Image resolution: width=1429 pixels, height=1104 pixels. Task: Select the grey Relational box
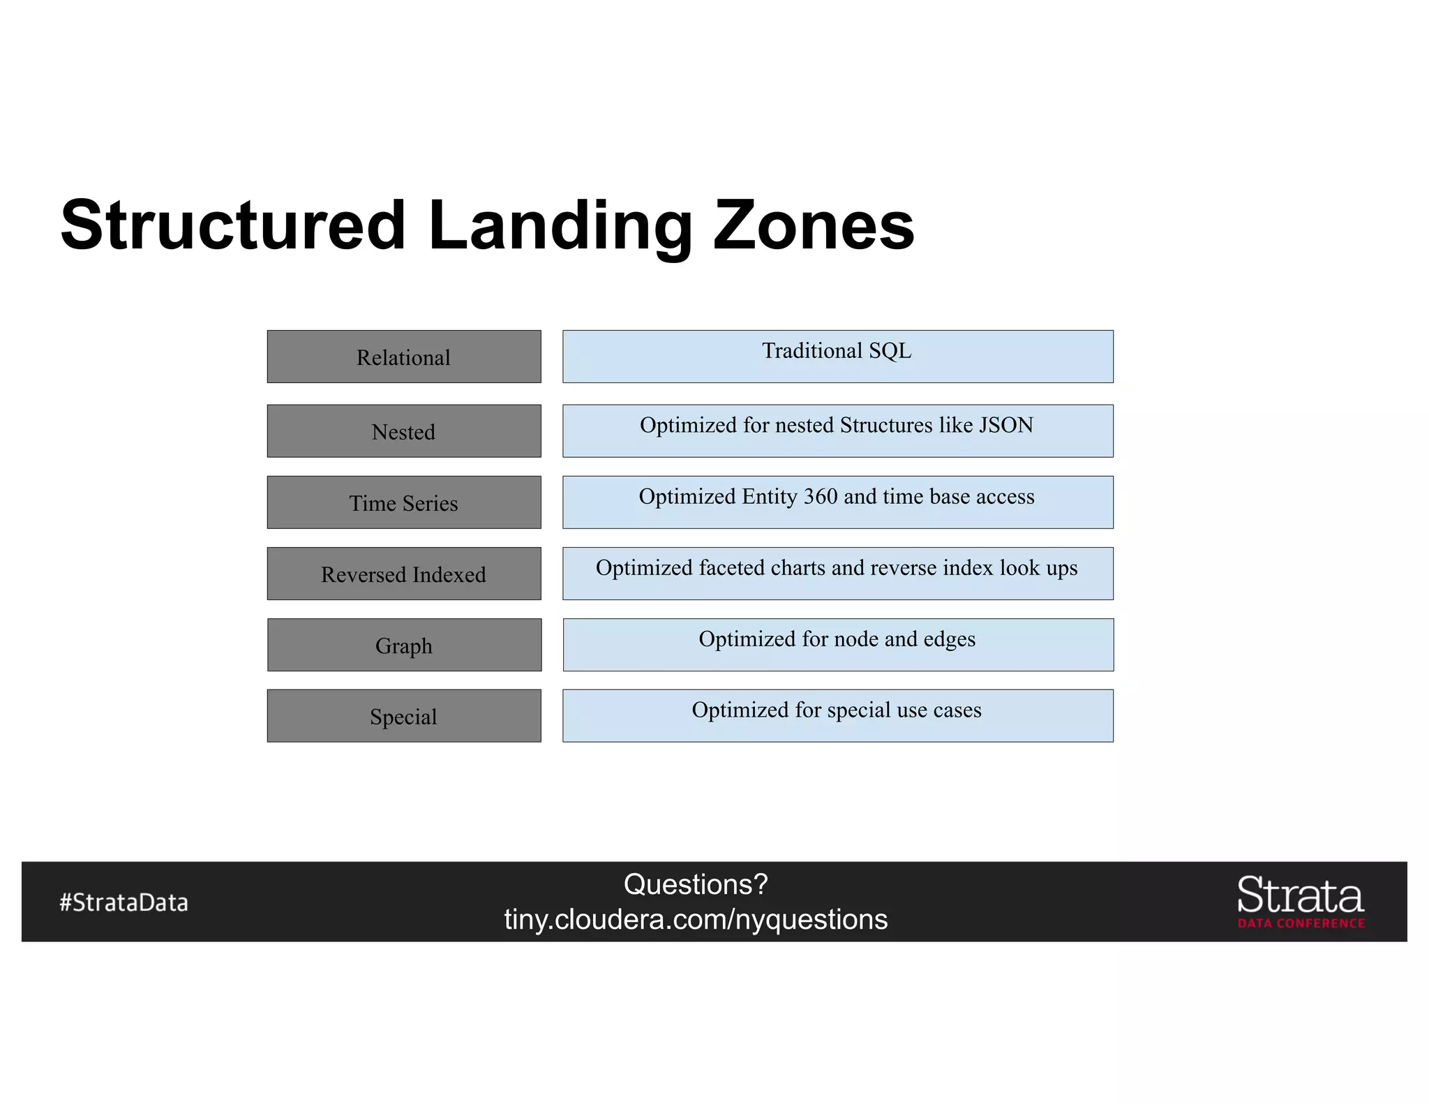(x=403, y=357)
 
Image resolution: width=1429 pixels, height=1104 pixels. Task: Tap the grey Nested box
(x=403, y=431)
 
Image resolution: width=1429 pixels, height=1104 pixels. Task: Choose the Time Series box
(x=403, y=502)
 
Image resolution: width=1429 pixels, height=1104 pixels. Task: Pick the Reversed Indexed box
(x=403, y=574)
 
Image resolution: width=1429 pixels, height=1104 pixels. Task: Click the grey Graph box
(x=403, y=645)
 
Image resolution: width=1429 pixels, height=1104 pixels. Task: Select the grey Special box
(x=403, y=716)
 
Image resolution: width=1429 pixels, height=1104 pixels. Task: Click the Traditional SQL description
(x=837, y=350)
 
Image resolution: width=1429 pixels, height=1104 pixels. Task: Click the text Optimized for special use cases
(x=837, y=710)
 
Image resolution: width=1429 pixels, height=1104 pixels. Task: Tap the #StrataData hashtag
(x=124, y=902)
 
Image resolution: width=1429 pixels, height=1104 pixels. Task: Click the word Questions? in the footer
(x=696, y=884)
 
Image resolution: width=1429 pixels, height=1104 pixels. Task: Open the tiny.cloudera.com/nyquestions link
(x=696, y=919)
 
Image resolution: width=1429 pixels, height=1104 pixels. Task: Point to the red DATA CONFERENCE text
(x=1301, y=923)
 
